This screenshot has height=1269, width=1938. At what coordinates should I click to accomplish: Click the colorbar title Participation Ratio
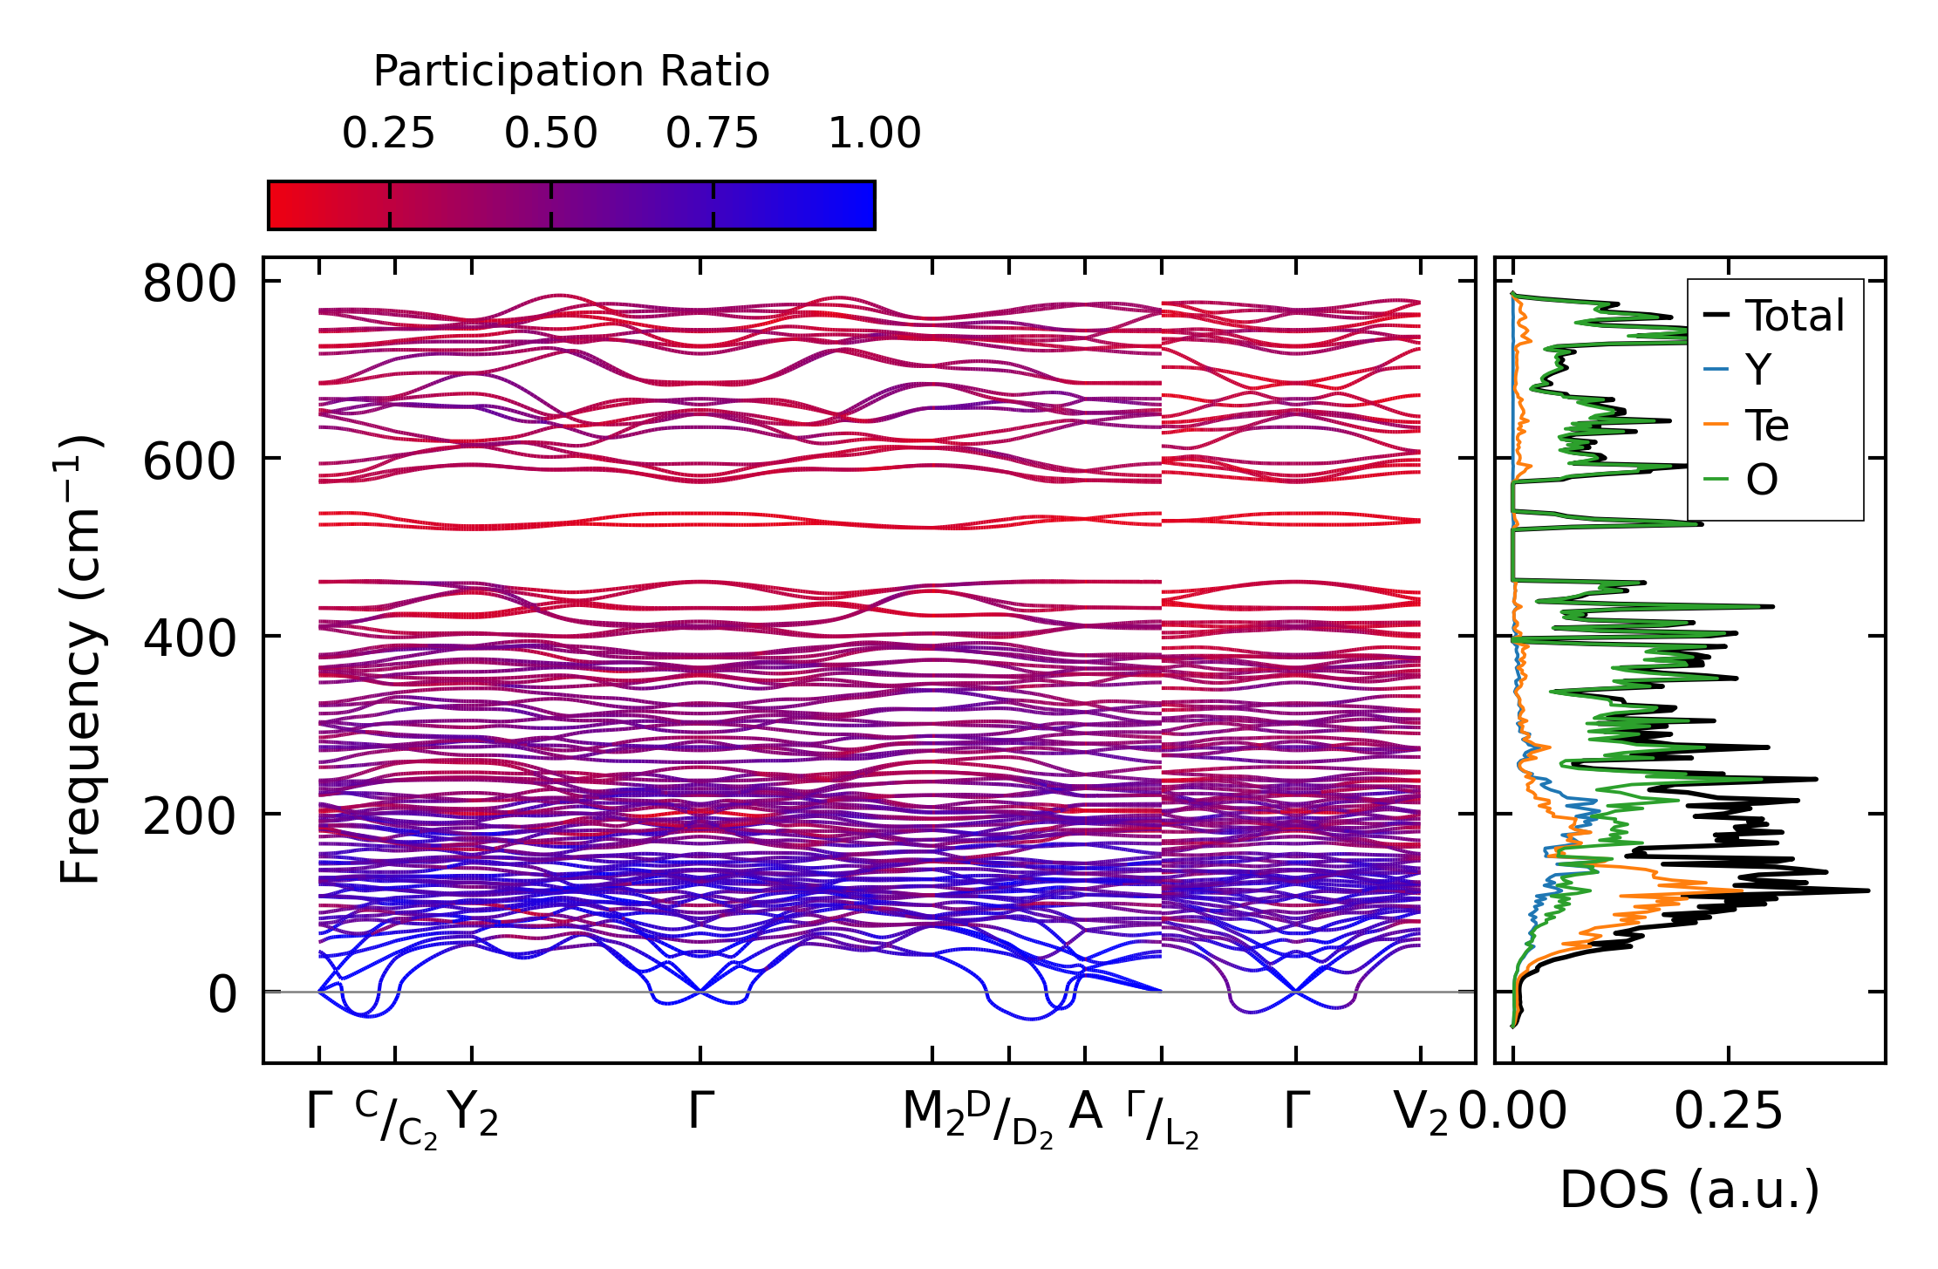pyautogui.click(x=571, y=71)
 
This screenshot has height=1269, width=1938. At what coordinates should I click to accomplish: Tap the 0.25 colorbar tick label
pyautogui.click(x=388, y=133)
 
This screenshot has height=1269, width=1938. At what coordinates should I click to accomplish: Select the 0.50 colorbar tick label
pyautogui.click(x=550, y=133)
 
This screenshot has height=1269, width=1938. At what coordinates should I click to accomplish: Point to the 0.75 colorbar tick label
pyautogui.click(x=712, y=133)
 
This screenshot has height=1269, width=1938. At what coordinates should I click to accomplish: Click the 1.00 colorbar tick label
pyautogui.click(x=874, y=133)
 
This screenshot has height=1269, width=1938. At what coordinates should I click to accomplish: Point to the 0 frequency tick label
pyautogui.click(x=222, y=994)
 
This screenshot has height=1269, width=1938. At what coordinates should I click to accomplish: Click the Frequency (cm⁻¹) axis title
pyautogui.click(x=80, y=659)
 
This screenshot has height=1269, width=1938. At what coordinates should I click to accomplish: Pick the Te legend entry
pyautogui.click(x=1766, y=425)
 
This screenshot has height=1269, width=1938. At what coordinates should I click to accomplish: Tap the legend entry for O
pyautogui.click(x=1761, y=479)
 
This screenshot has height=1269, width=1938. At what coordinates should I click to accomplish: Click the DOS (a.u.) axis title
pyautogui.click(x=1689, y=1190)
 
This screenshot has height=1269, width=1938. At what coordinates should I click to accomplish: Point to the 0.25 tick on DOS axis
pyautogui.click(x=1728, y=1112)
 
